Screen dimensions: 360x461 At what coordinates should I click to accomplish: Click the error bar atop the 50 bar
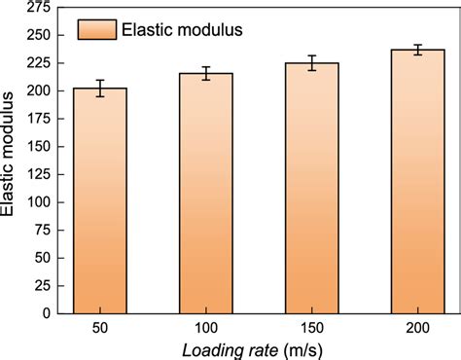pyautogui.click(x=99, y=88)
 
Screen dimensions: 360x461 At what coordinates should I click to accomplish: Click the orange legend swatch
pyautogui.click(x=96, y=29)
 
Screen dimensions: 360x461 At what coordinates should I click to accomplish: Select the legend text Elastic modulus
pyautogui.click(x=182, y=29)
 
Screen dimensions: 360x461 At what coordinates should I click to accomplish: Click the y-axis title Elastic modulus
pyautogui.click(x=11, y=161)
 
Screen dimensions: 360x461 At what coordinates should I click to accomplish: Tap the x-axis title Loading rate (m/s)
pyautogui.click(x=258, y=348)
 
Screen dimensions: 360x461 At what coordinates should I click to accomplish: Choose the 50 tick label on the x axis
pyautogui.click(x=99, y=329)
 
